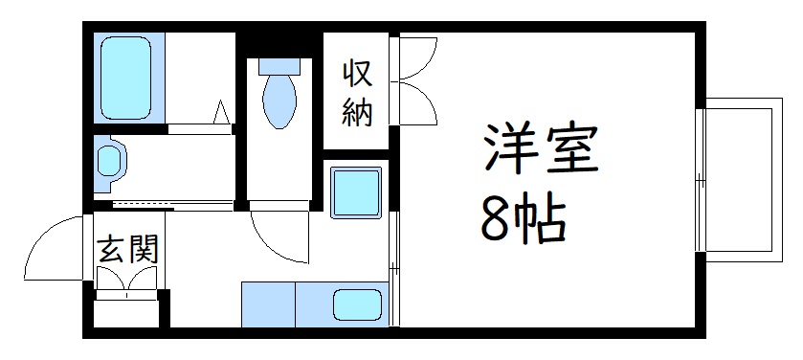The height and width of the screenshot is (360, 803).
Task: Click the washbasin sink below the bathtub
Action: click(x=109, y=161)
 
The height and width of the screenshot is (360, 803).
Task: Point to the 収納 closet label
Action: click(x=357, y=93)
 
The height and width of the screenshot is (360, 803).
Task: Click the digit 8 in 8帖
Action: click(x=495, y=222)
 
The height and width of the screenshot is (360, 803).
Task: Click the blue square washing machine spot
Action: click(x=356, y=191)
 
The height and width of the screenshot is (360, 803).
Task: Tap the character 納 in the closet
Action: click(x=357, y=113)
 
